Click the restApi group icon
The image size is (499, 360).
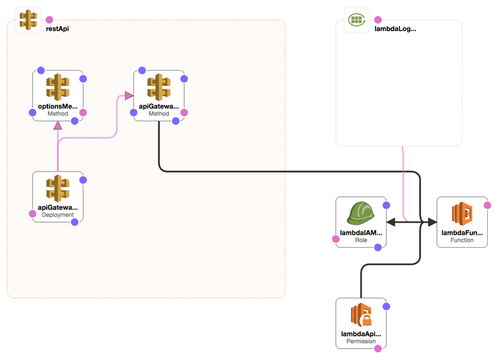tap(28, 20)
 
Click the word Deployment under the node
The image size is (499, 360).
tap(58, 215)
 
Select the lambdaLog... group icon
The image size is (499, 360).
tap(356, 20)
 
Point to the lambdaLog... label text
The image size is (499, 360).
tap(395, 29)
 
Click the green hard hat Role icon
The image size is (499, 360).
tap(361, 214)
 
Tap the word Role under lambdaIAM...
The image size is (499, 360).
tap(361, 240)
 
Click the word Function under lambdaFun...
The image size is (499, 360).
tap(462, 240)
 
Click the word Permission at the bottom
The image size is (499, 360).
tap(361, 341)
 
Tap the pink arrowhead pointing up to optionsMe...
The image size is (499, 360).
tap(58, 125)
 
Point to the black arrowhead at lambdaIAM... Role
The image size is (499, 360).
tap(390, 223)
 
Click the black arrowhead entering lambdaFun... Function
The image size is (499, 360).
tap(432, 223)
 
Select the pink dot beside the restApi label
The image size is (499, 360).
tap(49, 20)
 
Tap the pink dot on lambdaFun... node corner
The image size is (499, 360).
tap(487, 205)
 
